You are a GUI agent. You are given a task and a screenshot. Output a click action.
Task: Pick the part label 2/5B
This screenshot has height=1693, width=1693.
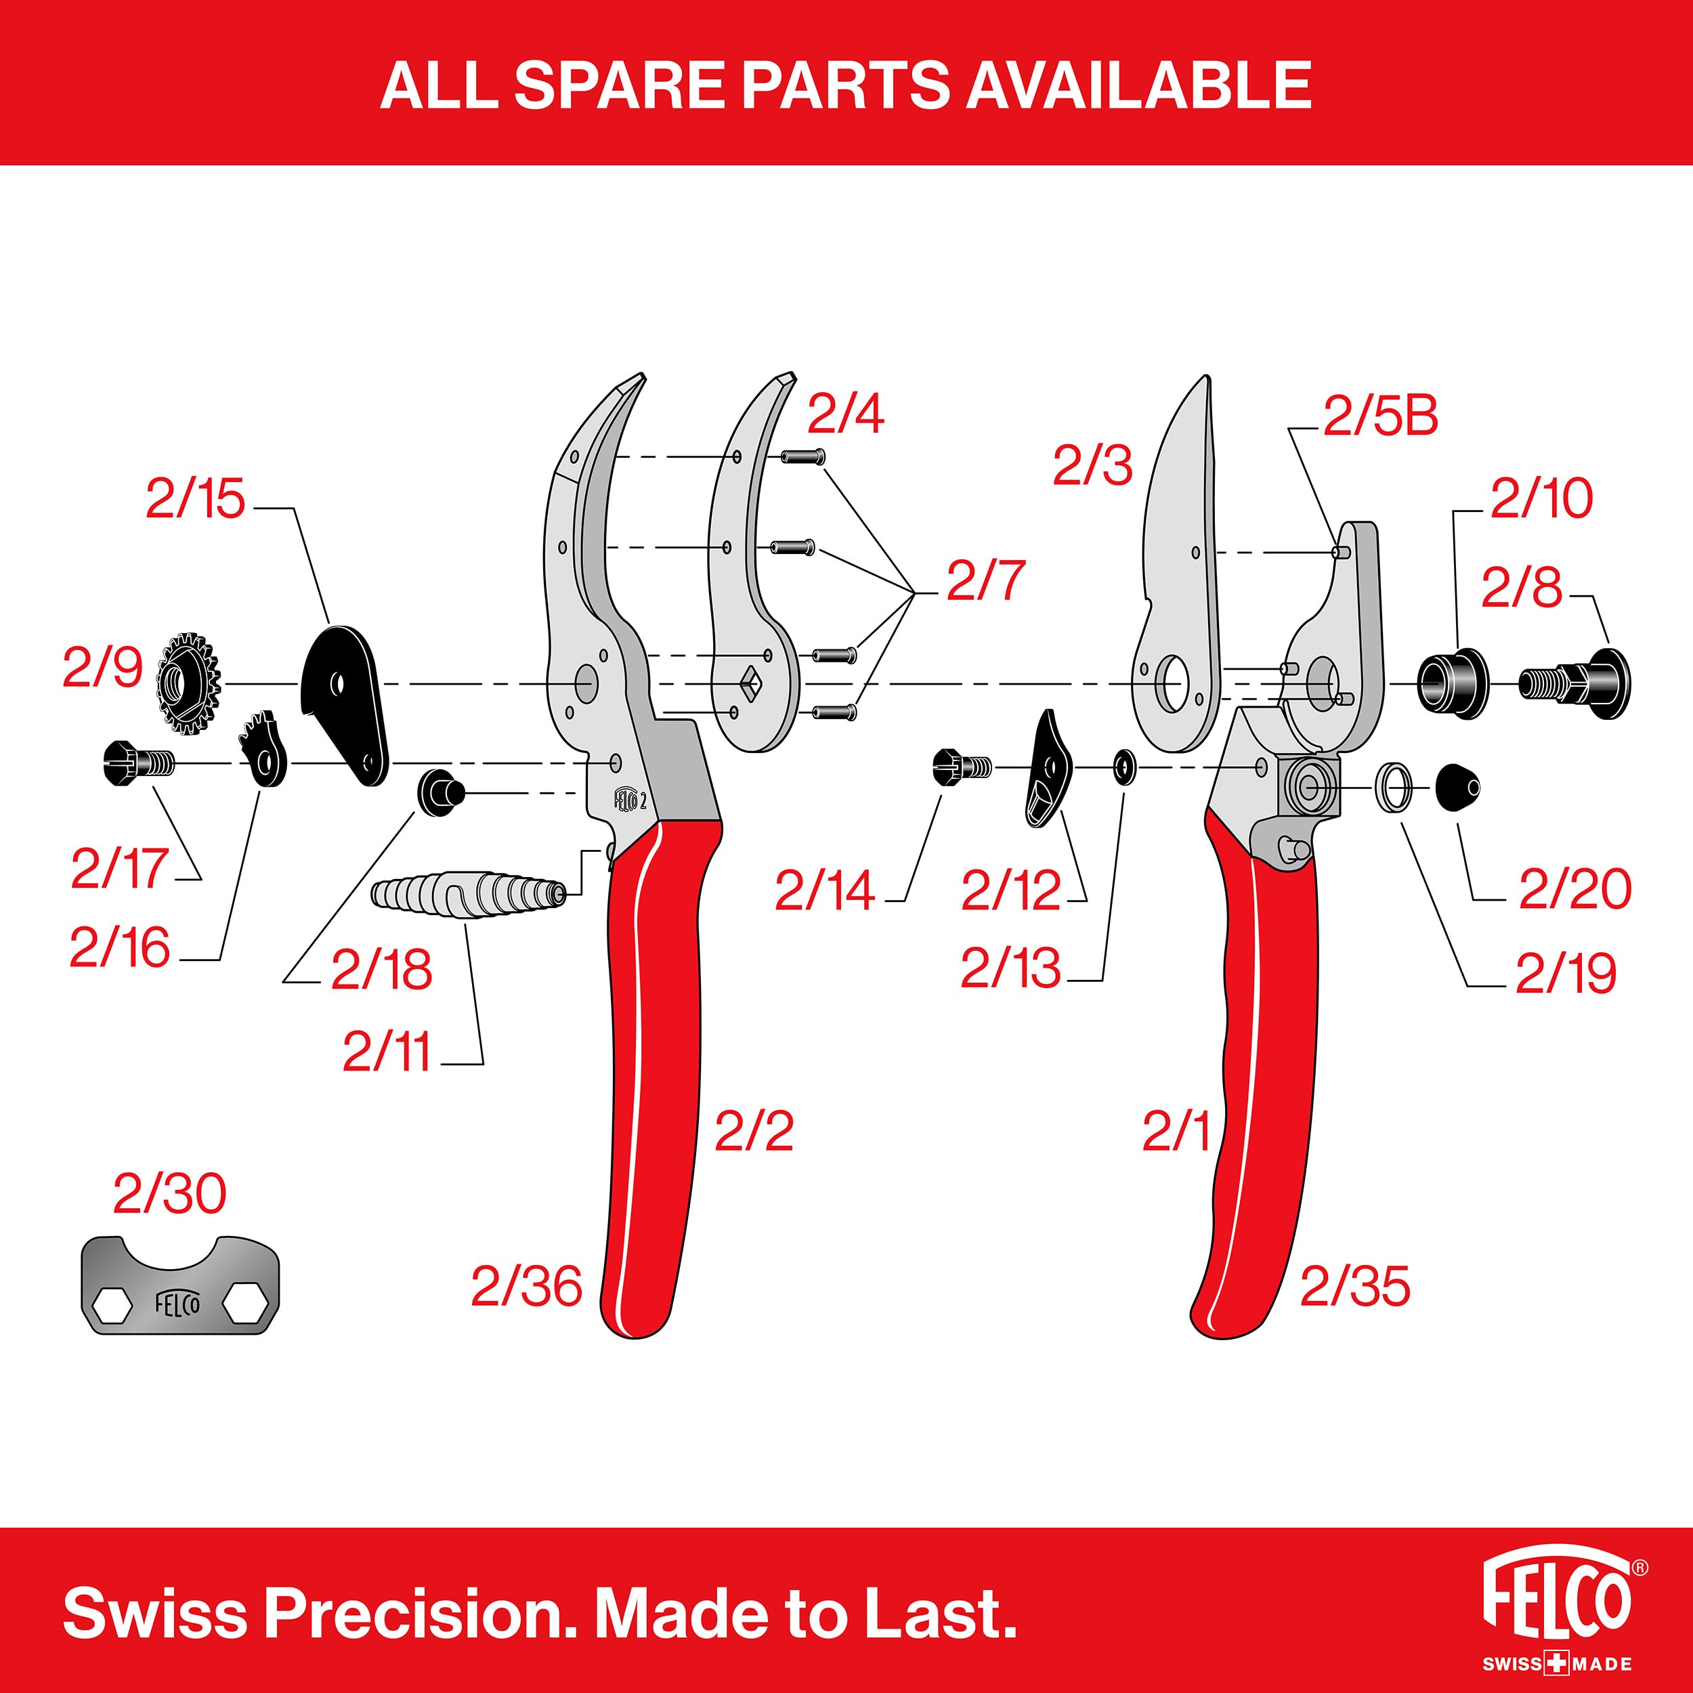(1380, 418)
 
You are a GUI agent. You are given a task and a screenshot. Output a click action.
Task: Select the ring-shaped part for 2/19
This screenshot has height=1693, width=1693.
(1395, 788)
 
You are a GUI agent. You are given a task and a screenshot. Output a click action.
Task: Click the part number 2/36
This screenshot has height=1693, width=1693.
(526, 1287)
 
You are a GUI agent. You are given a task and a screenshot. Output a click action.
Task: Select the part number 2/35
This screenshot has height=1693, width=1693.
(1355, 1287)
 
